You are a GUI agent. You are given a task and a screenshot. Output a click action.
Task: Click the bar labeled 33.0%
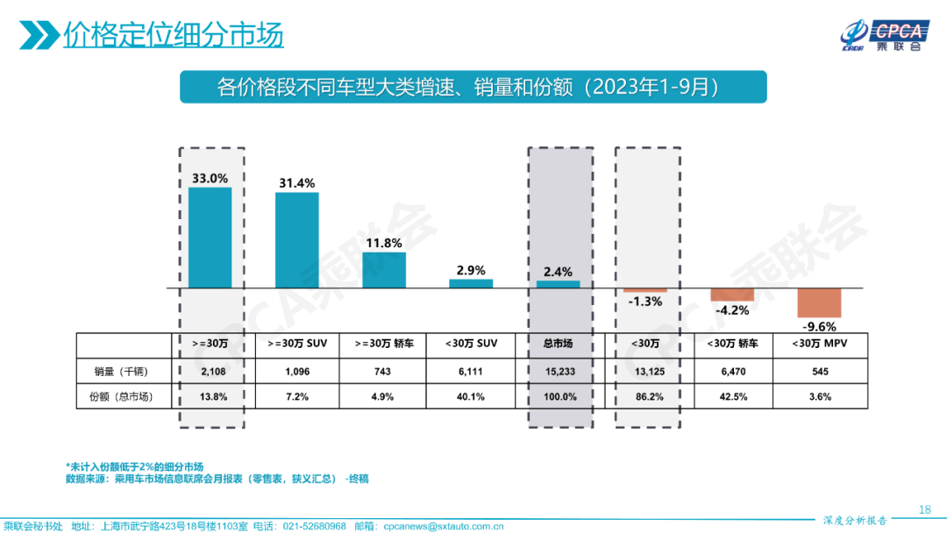(210, 238)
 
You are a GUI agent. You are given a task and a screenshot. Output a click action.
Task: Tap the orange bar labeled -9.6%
(819, 302)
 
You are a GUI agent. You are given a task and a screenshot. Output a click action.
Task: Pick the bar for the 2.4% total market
(559, 284)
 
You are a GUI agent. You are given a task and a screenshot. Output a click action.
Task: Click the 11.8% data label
(383, 243)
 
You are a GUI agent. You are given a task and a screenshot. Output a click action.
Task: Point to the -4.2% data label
(732, 309)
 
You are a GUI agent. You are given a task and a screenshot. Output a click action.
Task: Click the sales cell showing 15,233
(559, 372)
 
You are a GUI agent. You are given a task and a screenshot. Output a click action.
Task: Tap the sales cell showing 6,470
(732, 372)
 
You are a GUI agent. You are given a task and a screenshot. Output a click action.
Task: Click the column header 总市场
(559, 344)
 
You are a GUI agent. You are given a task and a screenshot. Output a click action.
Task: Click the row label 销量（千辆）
(122, 372)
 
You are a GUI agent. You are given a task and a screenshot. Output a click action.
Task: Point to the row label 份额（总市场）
(122, 396)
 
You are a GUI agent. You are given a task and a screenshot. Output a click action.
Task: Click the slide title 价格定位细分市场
(173, 36)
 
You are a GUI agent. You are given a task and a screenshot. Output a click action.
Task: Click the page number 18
(924, 509)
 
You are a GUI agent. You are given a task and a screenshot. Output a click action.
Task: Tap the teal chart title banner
(473, 87)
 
